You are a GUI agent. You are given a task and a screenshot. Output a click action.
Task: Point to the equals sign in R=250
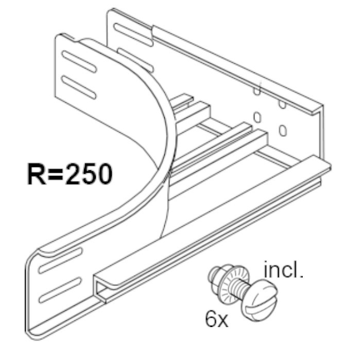point(55,175)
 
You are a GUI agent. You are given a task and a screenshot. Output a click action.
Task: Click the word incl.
point(282,270)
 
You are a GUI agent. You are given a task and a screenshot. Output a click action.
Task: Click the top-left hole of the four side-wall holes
point(256,92)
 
